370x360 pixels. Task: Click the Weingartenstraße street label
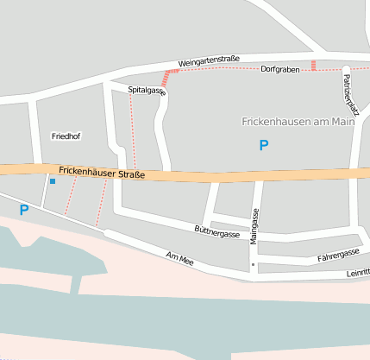point(208,61)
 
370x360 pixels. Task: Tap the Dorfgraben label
point(279,69)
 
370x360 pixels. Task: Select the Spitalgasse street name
point(147,90)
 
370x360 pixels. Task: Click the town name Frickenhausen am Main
point(298,122)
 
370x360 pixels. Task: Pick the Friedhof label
point(66,136)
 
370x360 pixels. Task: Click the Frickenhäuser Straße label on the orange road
point(102,173)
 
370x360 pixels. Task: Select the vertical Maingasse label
point(254,225)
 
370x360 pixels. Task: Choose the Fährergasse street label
point(338,255)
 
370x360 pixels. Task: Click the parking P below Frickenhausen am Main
point(264,146)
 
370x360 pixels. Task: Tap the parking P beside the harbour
point(24,209)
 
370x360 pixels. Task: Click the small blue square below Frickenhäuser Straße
point(53,181)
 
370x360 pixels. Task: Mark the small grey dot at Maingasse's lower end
point(253,263)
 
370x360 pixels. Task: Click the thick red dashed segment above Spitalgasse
point(166,79)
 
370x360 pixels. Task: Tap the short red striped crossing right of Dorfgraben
point(314,65)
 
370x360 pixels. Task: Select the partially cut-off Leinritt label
point(356,272)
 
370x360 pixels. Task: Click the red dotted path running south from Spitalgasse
point(133,129)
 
